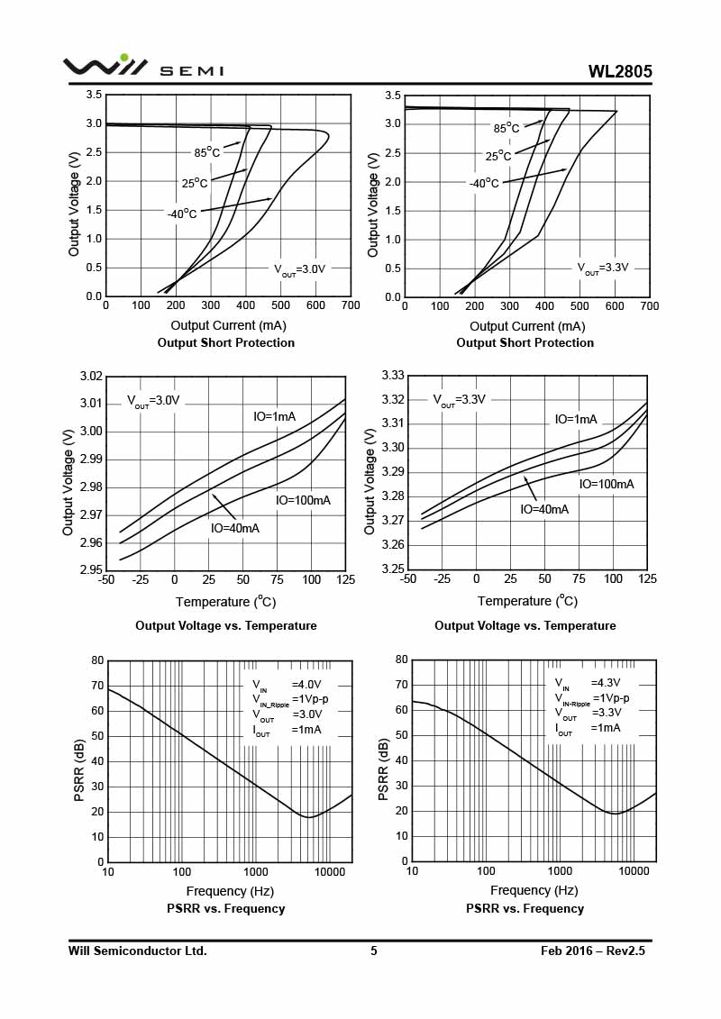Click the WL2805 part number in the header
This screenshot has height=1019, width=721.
point(620,72)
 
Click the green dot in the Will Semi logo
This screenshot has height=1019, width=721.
point(124,58)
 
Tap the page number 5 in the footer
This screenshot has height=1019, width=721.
point(373,951)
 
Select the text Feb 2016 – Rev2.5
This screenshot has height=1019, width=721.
point(593,951)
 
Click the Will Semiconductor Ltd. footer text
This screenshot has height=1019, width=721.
point(138,951)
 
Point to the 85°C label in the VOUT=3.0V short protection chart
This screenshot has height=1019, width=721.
point(206,152)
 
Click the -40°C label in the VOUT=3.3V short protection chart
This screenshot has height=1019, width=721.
point(484,183)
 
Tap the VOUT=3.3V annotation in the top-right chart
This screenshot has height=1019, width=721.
point(603,268)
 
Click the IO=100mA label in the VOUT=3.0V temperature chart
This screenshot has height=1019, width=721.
point(303,500)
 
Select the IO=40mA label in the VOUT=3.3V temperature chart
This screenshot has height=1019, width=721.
point(544,509)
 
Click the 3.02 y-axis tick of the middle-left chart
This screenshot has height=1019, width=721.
point(90,376)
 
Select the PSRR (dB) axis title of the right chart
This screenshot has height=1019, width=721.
point(384,770)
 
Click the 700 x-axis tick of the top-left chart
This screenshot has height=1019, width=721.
point(351,305)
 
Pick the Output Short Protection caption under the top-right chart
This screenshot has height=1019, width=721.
point(525,343)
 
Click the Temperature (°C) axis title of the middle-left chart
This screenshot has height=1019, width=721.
point(225,601)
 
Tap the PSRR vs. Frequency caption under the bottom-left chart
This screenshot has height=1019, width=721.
point(225,909)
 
